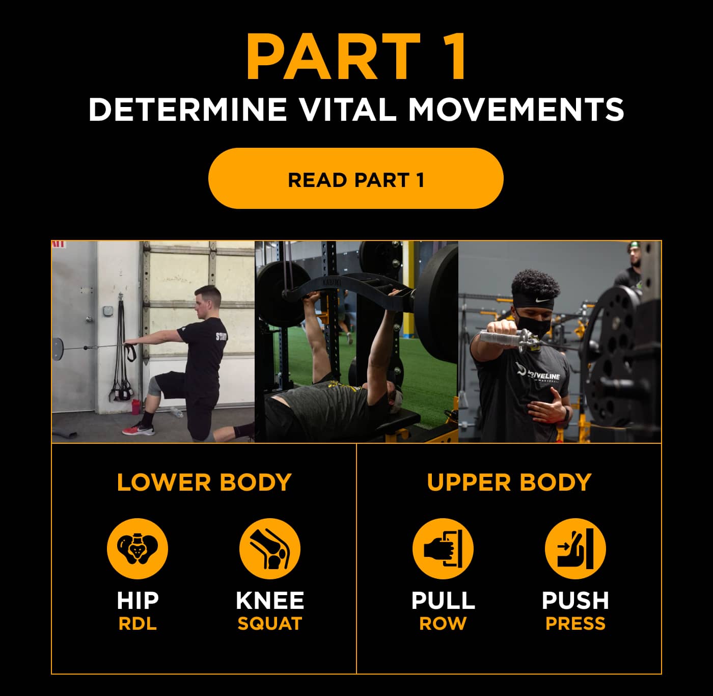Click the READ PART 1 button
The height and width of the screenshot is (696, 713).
coord(355,179)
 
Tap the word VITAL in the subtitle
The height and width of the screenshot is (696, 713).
coord(347,109)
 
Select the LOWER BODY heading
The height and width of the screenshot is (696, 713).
coord(204,482)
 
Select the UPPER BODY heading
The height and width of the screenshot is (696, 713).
coord(509,482)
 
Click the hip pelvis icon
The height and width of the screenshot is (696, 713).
coord(137,549)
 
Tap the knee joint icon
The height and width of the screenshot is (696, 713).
coord(269,549)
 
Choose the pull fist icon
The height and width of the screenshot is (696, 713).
coord(443,549)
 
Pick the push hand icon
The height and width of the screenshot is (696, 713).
coord(575,549)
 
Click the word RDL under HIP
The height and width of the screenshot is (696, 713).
coord(137,624)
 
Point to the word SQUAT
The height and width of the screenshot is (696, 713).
coord(269,624)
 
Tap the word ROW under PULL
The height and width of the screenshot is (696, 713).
coord(443,624)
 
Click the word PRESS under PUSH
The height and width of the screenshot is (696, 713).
coord(575,624)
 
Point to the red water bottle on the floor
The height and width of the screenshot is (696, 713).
coord(135,407)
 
